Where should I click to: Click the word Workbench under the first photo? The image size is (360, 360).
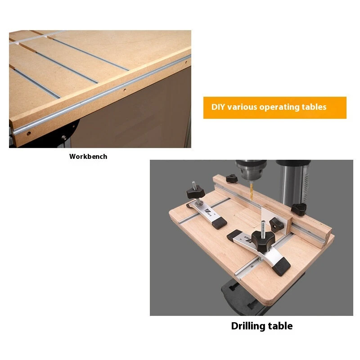coord(88,156)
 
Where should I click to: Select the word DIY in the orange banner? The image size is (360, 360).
coord(218,107)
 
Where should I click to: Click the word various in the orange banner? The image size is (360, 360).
coord(242,107)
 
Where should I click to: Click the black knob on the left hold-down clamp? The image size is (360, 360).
coord(195,193)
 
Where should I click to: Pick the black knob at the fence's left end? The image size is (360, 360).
coord(231,178)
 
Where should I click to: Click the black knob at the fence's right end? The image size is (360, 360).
coord(299,209)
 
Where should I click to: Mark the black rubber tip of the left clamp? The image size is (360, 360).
coord(219,223)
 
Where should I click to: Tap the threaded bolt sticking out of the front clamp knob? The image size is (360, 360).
coord(263,227)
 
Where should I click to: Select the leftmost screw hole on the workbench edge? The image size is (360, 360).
coord(29,133)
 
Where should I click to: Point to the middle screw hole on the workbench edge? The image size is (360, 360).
coord(125,90)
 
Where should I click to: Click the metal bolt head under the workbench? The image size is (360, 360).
coord(64,138)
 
